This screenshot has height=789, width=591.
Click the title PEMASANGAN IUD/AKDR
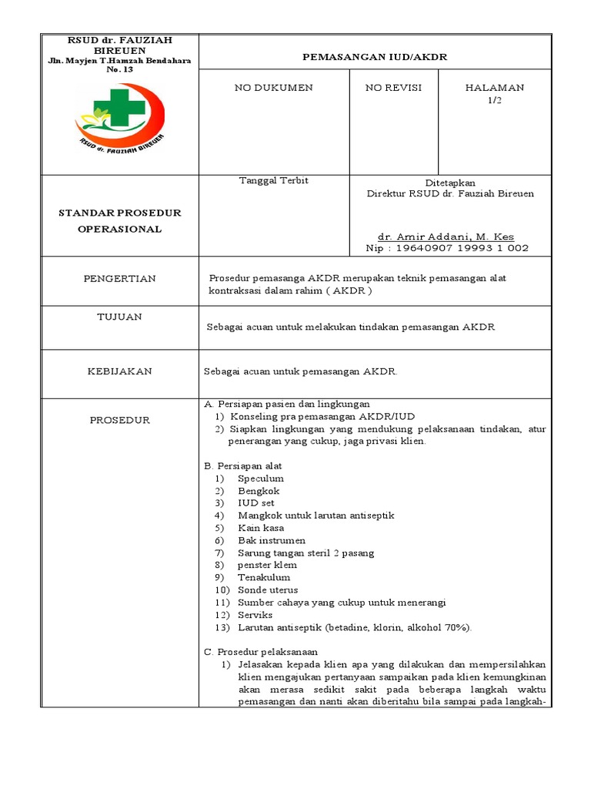pyautogui.click(x=375, y=58)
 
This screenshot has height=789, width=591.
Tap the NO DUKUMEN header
pyautogui.click(x=273, y=88)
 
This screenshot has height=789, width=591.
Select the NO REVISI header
pyautogui.click(x=393, y=88)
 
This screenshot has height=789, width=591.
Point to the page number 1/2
pyautogui.click(x=494, y=100)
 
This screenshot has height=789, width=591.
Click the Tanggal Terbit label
pyautogui.click(x=274, y=180)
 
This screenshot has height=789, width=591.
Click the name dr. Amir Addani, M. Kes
pyautogui.click(x=446, y=237)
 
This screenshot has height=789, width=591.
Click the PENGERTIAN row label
pyautogui.click(x=119, y=278)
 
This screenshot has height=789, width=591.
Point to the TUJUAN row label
pyautogui.click(x=119, y=317)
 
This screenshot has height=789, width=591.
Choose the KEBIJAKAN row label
pyautogui.click(x=119, y=371)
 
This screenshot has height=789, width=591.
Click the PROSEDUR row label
pyautogui.click(x=119, y=420)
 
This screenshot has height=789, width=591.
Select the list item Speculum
pyautogui.click(x=261, y=478)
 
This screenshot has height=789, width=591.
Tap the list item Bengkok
pyautogui.click(x=259, y=491)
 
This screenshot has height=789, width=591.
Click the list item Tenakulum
pyautogui.click(x=264, y=577)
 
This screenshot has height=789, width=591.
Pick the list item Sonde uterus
pyautogui.click(x=267, y=589)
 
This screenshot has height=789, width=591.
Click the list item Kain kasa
pyautogui.click(x=261, y=528)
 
